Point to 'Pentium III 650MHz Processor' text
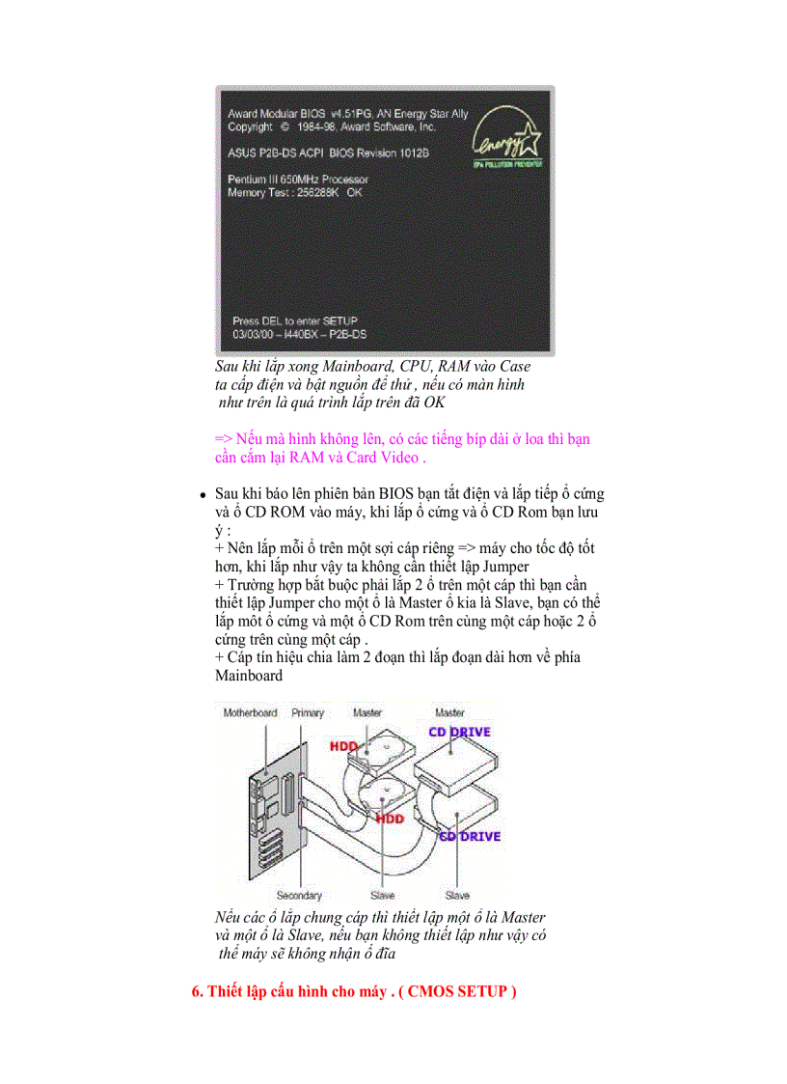(297, 180)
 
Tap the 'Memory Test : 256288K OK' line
(295, 193)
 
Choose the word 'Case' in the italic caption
(511, 367)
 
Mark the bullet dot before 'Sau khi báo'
(204, 495)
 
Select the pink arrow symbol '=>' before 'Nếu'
(223, 439)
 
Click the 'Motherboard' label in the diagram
(250, 713)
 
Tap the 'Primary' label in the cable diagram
(308, 713)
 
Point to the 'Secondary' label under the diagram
(299, 896)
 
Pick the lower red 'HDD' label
(390, 819)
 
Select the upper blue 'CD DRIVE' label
(460, 732)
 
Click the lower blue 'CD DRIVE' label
(470, 836)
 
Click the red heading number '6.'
(198, 992)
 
